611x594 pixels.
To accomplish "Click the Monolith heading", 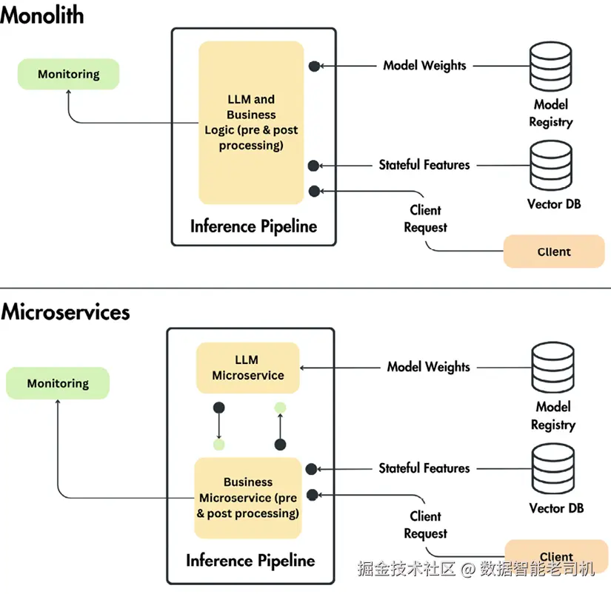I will tap(41, 14).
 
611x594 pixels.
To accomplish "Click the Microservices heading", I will tap(65, 311).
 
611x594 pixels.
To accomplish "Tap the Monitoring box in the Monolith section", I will tap(68, 75).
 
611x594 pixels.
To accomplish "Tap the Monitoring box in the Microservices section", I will tap(58, 383).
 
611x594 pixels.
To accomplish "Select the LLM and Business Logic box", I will tap(251, 123).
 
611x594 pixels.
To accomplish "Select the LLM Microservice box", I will tap(247, 368).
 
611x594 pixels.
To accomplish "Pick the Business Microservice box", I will tap(247, 498).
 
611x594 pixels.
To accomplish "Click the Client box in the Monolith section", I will tap(554, 252).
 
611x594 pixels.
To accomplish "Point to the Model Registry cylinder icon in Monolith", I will tap(551, 66).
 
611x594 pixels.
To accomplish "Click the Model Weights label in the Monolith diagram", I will tap(424, 65).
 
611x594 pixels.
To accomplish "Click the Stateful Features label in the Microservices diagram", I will tap(424, 468).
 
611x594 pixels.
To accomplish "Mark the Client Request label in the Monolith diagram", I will tap(425, 219).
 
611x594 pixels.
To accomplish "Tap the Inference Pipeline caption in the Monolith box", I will tap(253, 226).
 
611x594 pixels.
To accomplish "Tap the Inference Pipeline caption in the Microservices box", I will tap(250, 560).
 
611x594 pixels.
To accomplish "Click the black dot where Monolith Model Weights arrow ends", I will tap(314, 66).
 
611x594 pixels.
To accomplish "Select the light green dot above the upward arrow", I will tap(280, 408).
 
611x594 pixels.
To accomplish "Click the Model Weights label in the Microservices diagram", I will tap(428, 367).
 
